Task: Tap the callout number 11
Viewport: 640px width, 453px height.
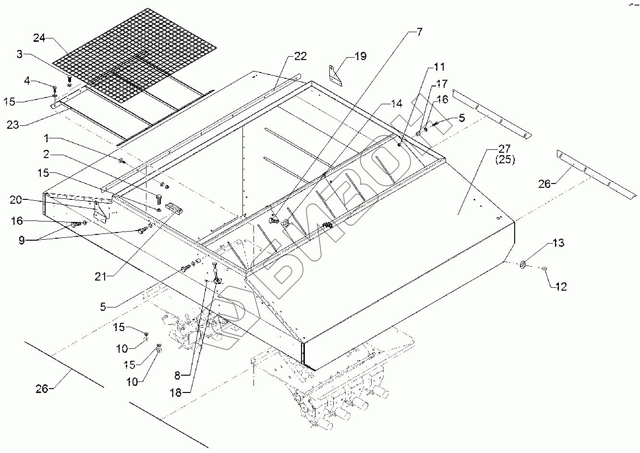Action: pos(439,67)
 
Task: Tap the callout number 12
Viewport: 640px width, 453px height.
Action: pos(560,287)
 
